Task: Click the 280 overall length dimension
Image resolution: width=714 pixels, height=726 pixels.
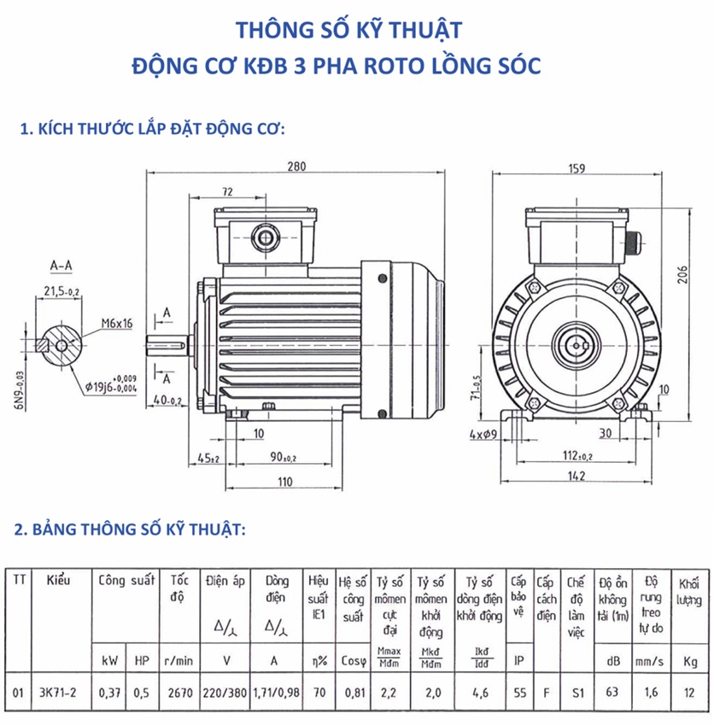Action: (x=296, y=165)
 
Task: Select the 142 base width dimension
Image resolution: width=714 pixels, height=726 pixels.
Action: (x=579, y=477)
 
